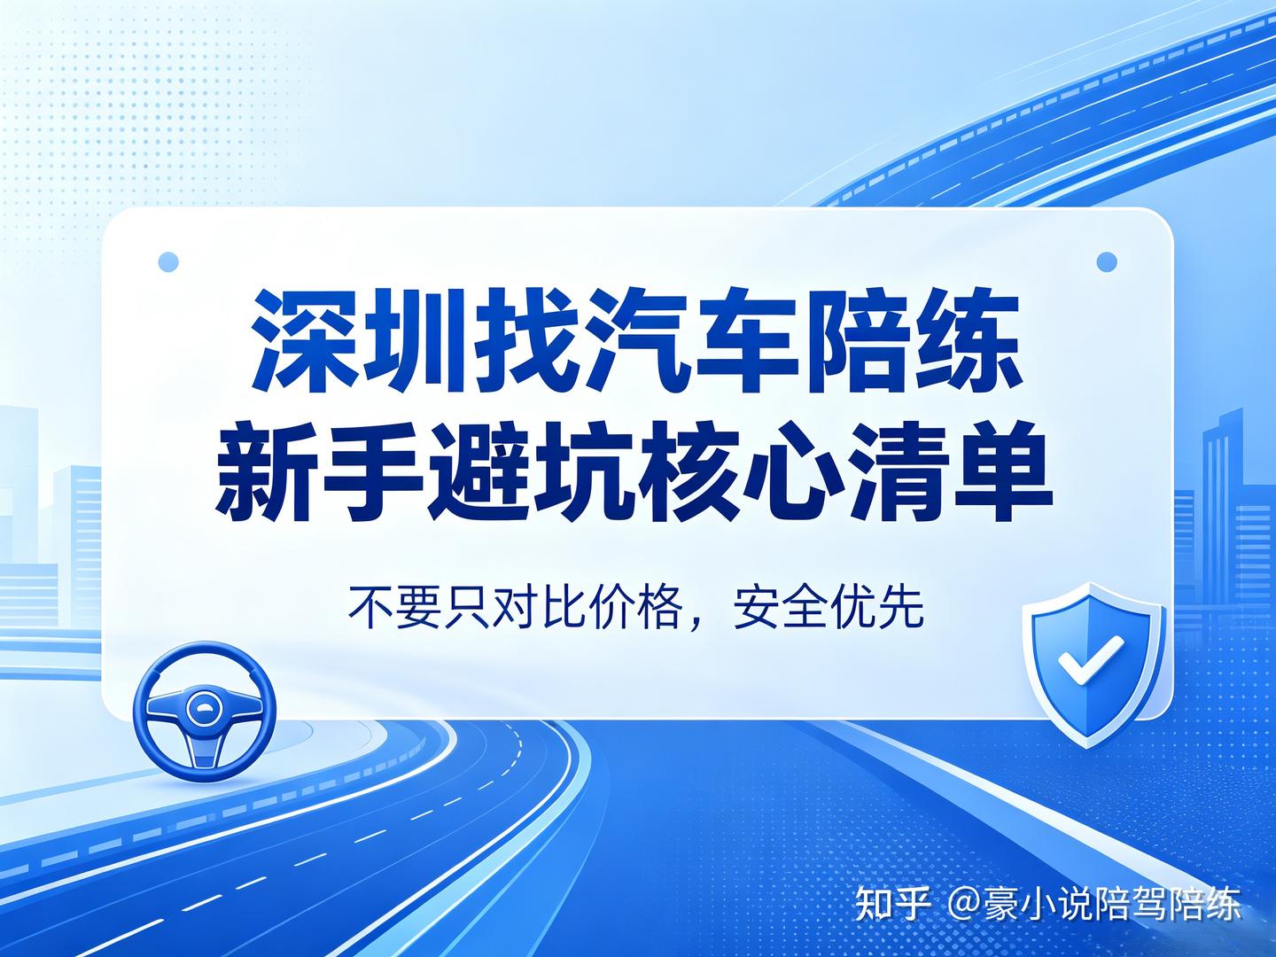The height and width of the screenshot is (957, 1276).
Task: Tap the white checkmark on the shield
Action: (x=1090, y=659)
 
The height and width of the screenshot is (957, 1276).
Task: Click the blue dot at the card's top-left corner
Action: (x=168, y=261)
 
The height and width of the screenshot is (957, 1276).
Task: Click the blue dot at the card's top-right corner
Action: (x=1107, y=261)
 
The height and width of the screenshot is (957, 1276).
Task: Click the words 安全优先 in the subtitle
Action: (x=828, y=608)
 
